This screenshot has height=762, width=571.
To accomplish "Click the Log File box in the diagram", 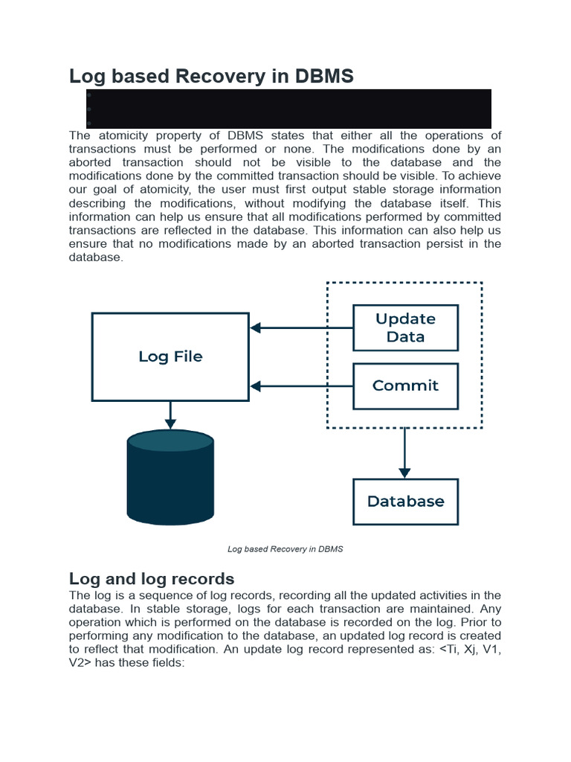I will (170, 356).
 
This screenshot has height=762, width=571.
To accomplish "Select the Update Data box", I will (405, 327).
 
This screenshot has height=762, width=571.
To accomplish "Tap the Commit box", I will (405, 385).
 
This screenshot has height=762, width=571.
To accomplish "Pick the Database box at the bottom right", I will (405, 502).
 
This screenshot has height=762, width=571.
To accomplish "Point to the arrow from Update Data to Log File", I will (301, 327).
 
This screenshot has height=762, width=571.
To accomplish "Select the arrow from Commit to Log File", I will (301, 385).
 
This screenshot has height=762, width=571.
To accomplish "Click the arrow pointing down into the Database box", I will (404, 453).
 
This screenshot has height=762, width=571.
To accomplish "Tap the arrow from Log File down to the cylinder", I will (170, 415).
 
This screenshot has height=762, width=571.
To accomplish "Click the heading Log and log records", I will (152, 578).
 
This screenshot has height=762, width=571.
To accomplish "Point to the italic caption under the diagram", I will (285, 549).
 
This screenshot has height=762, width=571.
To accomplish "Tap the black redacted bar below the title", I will (288, 109).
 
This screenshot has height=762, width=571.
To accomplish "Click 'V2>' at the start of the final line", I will (81, 663).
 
